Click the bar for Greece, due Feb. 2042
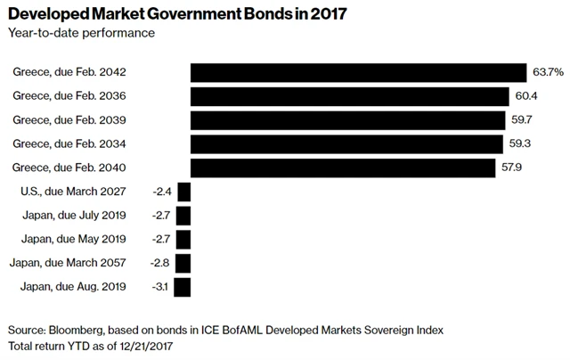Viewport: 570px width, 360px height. coord(358,72)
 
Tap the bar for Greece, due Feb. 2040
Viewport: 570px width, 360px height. coord(343,168)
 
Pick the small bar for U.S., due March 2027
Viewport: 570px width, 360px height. coord(184,192)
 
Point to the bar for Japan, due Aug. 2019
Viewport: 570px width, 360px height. coord(183,287)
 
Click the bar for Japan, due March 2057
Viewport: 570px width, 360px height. coord(183,263)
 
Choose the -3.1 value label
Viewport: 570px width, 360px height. coord(161,287)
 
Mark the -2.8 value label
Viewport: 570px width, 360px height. coord(162,263)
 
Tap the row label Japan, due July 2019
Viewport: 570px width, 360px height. coord(78,216)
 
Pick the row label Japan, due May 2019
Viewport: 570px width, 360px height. coord(78,240)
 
